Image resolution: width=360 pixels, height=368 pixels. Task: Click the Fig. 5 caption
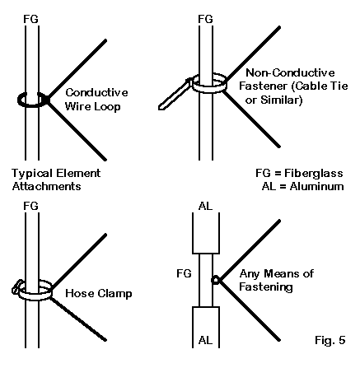[330, 340]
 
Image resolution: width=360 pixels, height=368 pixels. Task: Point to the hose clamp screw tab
[16, 287]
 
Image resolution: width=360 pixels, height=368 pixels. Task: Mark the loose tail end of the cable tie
[162, 107]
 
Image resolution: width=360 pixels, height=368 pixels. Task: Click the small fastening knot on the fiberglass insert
[216, 280]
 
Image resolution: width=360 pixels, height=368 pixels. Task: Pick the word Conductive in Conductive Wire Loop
[96, 92]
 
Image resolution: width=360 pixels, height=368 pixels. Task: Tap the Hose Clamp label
[99, 293]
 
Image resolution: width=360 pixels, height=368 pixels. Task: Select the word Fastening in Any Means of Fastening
[266, 287]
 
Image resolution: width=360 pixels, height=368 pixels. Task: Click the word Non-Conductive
[290, 72]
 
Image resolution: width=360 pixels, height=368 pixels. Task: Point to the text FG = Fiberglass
[299, 173]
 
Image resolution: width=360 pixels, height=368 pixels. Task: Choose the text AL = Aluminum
[303, 186]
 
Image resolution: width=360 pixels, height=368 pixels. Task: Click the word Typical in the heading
[32, 174]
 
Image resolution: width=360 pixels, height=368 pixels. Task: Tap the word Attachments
[47, 186]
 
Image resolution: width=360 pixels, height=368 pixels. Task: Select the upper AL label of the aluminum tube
[205, 206]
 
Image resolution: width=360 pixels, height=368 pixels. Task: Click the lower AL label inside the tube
[205, 340]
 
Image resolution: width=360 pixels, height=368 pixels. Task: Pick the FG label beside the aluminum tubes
[184, 273]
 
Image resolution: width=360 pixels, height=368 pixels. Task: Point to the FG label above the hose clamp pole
[30, 206]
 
